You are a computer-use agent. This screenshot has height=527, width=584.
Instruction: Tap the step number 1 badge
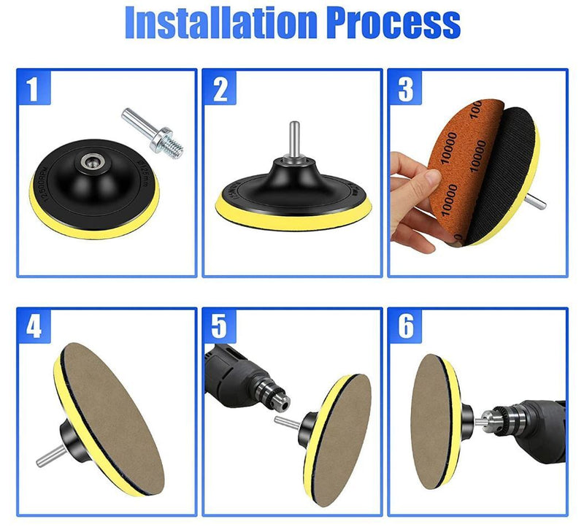point(33,88)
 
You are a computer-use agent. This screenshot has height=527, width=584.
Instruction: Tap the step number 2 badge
point(220,88)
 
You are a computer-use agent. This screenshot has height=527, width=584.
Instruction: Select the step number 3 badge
point(406,88)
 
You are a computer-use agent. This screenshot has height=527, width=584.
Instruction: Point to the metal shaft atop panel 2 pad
point(292,143)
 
